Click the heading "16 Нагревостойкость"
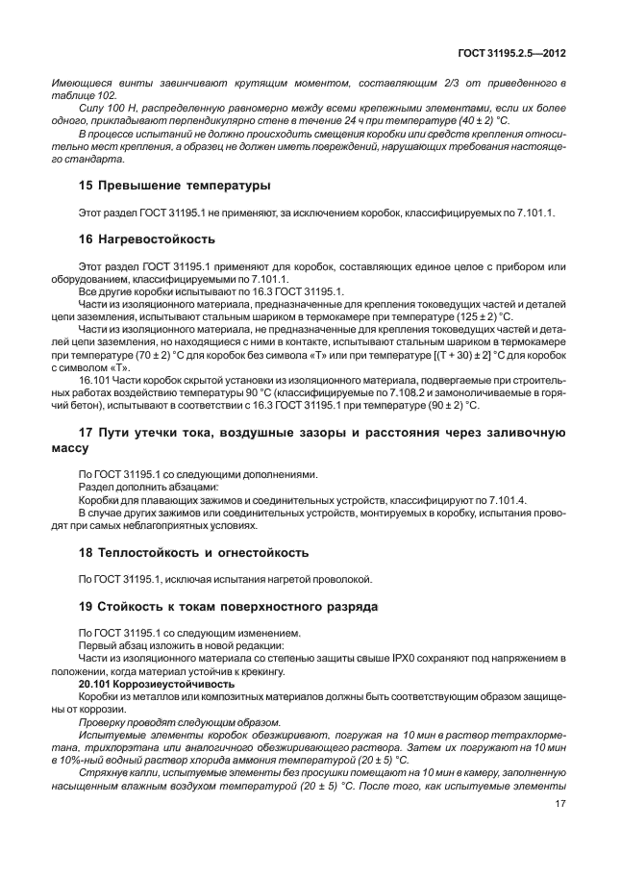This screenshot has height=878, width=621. [x=145, y=238]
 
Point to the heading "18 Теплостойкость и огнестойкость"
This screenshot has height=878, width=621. [x=192, y=552]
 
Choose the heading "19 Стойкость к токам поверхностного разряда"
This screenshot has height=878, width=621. [x=228, y=606]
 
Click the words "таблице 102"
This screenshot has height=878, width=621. [x=83, y=96]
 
